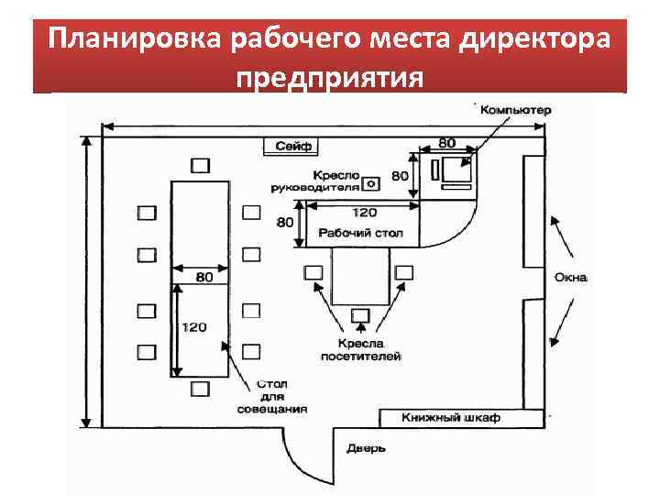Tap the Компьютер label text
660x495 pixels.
coord(516,110)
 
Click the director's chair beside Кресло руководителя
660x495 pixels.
coord(371,182)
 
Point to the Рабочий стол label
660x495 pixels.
coord(360,233)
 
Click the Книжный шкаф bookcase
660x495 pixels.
coord(450,418)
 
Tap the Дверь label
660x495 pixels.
coord(366,448)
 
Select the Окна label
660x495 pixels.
coord(569,278)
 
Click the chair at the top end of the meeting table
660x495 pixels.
coord(200,165)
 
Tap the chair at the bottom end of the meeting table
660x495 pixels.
coord(200,389)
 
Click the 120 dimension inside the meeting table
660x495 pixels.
coord(193,327)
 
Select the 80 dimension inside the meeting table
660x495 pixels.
coord(203,276)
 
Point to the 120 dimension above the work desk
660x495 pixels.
coord(364,212)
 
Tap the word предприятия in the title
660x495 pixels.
coord(330,75)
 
